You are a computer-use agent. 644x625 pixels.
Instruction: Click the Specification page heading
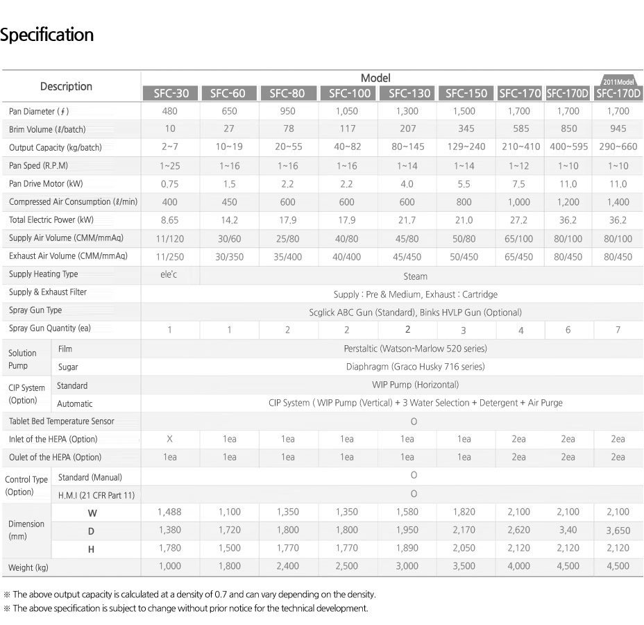[46, 35]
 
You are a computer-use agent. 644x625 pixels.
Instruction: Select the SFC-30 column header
[170, 93]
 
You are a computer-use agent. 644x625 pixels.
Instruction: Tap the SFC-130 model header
[409, 93]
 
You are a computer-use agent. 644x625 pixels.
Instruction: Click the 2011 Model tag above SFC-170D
[618, 81]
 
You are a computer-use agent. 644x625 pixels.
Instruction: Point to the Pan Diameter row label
[39, 111]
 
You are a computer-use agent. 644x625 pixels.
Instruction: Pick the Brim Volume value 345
[464, 128]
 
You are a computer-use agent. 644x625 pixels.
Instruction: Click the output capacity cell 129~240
[464, 147]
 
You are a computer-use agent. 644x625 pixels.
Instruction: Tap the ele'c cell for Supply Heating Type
[169, 274]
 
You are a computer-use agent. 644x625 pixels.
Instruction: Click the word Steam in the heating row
[415, 276]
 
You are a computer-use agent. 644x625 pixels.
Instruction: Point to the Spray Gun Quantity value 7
[618, 330]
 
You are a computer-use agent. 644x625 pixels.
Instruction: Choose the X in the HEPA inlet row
[170, 439]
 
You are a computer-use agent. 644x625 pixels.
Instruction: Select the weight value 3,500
[464, 566]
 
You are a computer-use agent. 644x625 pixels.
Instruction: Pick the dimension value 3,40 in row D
[568, 531]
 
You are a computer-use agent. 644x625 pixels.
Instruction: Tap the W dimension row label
[92, 512]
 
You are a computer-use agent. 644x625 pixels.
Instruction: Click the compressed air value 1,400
[618, 202]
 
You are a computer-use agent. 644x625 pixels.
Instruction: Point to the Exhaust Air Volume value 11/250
[170, 256]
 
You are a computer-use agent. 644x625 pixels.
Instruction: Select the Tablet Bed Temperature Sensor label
[62, 422]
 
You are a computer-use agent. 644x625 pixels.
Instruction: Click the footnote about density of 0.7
[189, 594]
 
